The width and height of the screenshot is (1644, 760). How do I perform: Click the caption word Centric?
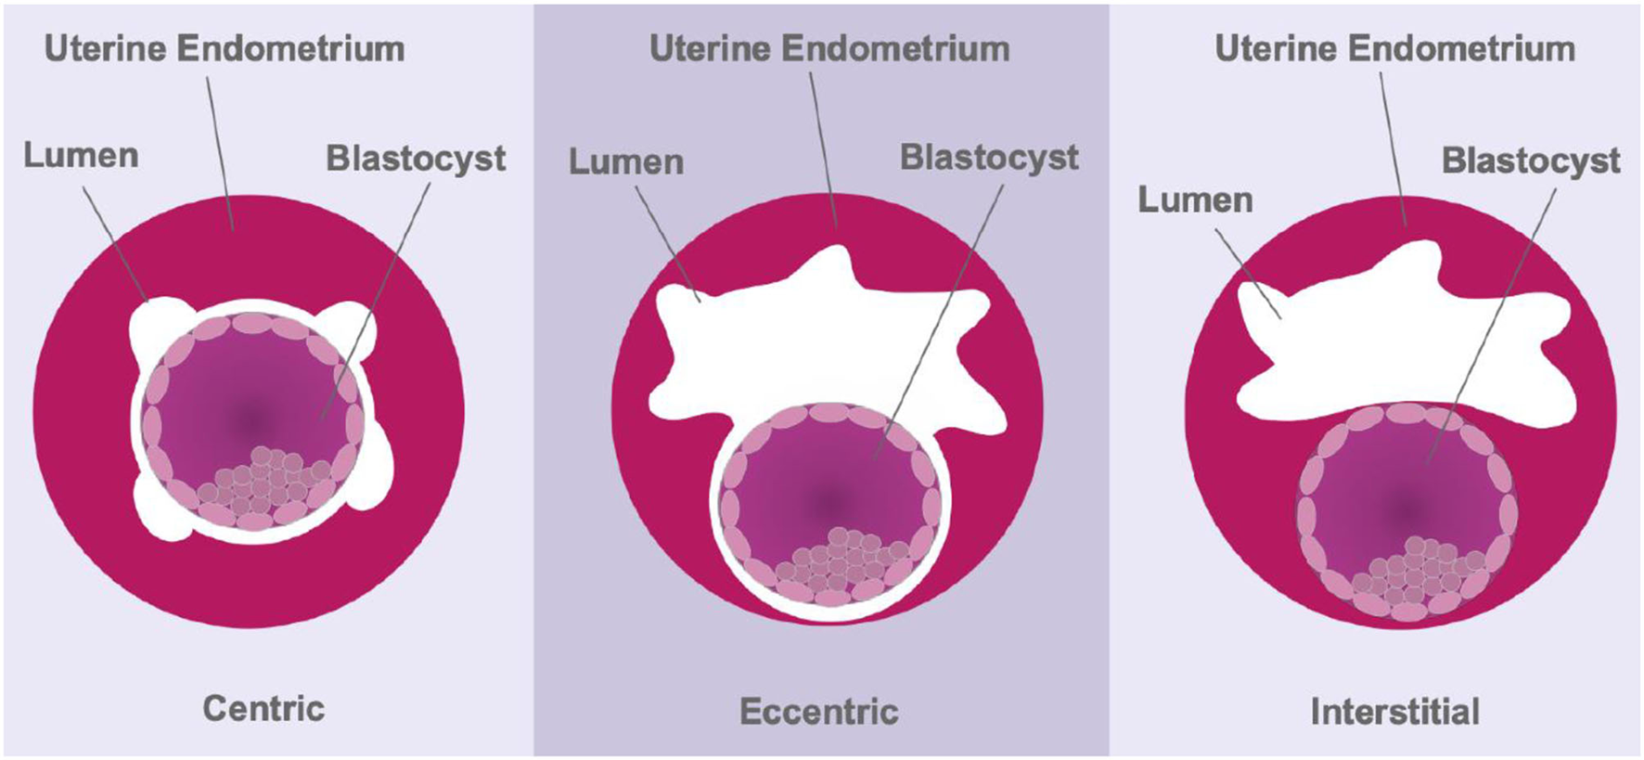(263, 709)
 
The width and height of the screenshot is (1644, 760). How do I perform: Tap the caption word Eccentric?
(819, 712)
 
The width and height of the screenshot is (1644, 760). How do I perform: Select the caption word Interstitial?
(1394, 712)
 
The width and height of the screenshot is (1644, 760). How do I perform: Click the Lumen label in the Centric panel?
(81, 155)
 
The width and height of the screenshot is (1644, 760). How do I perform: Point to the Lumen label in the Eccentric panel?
(626, 161)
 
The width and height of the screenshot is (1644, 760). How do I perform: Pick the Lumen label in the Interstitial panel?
(1195, 200)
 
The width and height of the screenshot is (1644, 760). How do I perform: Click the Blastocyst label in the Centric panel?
(416, 159)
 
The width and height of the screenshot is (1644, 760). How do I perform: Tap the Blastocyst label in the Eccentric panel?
(989, 158)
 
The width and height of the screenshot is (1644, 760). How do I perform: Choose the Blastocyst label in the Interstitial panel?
(1531, 161)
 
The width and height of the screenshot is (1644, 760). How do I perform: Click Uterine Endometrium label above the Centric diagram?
(225, 49)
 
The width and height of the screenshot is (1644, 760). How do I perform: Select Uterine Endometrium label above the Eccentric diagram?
(829, 49)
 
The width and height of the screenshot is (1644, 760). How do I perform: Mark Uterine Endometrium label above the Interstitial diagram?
(1394, 49)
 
